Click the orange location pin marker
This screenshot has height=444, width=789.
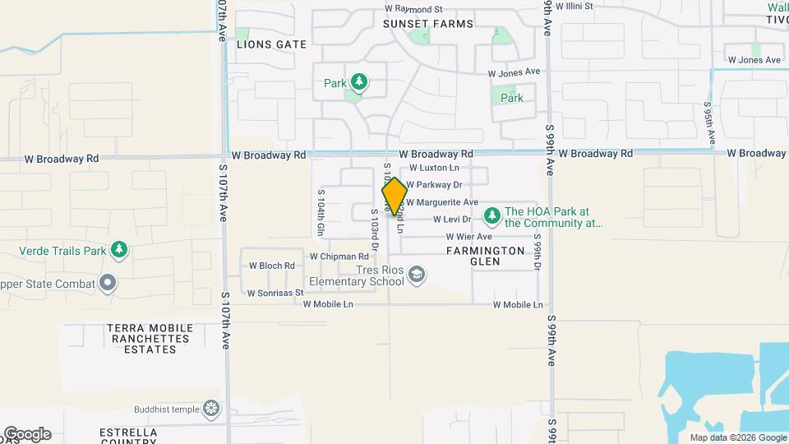pyautogui.click(x=394, y=196)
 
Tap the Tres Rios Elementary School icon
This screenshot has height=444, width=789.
pyautogui.click(x=417, y=275)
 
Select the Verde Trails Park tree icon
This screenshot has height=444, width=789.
pyautogui.click(x=120, y=249)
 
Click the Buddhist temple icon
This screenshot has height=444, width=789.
pyautogui.click(x=212, y=409)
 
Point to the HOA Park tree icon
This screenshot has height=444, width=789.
pyautogui.click(x=491, y=216)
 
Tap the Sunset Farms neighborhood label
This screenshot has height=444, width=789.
pyautogui.click(x=428, y=24)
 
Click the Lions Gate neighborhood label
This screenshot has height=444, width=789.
pyautogui.click(x=271, y=44)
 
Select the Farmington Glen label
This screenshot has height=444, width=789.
pyautogui.click(x=485, y=256)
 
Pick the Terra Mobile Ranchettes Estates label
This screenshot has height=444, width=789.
pyautogui.click(x=148, y=338)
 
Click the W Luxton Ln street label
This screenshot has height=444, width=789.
pyautogui.click(x=434, y=168)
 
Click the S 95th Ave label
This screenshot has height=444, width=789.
pyautogui.click(x=708, y=121)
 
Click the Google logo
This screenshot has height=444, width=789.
pyautogui.click(x=27, y=434)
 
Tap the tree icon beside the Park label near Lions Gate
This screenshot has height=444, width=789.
pyautogui.click(x=358, y=81)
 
